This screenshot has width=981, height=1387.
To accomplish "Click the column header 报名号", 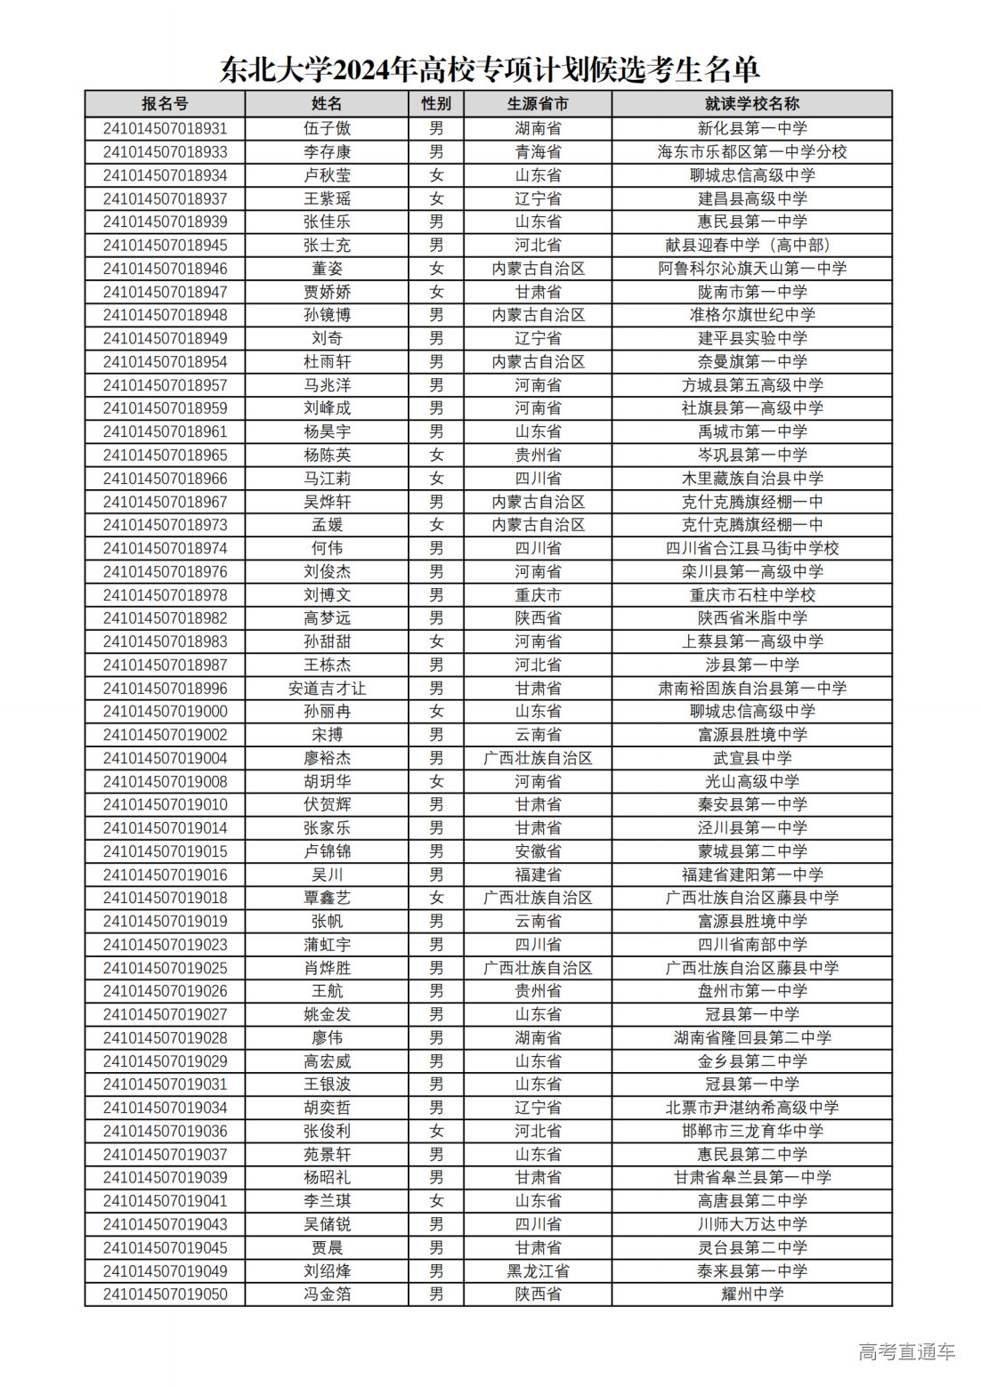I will (x=165, y=104).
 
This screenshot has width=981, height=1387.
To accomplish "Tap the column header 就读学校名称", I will (x=751, y=104).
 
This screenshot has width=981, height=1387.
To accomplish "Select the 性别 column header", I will (x=436, y=104).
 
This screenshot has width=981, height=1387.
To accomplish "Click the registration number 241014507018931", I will (x=165, y=128).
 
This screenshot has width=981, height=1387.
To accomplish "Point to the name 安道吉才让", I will (x=327, y=689).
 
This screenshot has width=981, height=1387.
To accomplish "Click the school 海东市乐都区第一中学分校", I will (x=751, y=152).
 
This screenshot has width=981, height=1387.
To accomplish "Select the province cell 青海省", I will (x=538, y=152).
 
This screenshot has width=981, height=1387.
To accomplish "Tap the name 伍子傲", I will (x=327, y=128).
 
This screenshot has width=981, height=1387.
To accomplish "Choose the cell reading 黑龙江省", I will (x=538, y=1271).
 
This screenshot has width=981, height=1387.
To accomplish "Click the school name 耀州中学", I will (x=751, y=1294).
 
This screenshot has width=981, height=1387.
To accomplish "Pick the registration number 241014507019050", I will (x=165, y=1294).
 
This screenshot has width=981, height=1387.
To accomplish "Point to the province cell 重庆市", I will (x=538, y=595).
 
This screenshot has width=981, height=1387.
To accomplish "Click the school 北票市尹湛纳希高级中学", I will (x=751, y=1108).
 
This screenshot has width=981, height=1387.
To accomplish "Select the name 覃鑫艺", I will (x=327, y=898).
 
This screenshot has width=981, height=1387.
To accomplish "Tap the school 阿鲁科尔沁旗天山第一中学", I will (x=751, y=269).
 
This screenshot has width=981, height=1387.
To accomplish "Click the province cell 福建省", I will (x=538, y=875).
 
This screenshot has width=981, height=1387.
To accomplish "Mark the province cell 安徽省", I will (x=538, y=851).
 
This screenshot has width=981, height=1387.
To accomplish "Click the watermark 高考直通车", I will (x=906, y=1352).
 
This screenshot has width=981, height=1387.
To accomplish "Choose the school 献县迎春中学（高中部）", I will (x=751, y=246).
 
